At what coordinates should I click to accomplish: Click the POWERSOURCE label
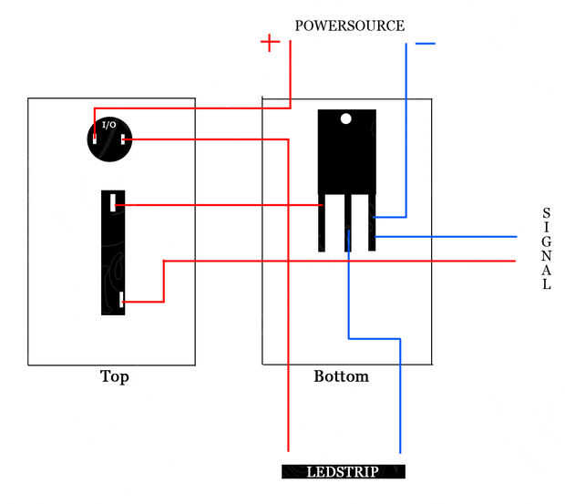350,26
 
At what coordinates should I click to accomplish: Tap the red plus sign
270,43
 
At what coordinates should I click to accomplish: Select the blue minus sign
426,44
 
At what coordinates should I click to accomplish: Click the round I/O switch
110,139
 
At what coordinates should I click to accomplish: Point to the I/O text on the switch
108,125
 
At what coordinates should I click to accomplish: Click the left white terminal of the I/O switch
95,139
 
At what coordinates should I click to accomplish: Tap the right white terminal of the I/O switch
123,139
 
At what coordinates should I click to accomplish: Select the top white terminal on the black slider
113,203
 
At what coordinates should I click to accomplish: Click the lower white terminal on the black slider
121,300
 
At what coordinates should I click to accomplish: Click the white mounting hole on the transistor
346,118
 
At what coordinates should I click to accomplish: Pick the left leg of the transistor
322,222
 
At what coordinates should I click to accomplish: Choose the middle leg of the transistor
348,222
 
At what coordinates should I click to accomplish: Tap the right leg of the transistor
372,222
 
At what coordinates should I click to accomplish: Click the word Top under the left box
115,376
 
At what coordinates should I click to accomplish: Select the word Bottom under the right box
341,376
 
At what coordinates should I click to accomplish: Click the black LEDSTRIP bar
344,471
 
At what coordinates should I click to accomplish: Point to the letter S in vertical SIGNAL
547,213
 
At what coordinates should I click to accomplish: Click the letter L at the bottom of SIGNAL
547,284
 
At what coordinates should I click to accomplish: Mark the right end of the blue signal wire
517,237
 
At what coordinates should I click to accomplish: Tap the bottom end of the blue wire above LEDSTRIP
400,452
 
